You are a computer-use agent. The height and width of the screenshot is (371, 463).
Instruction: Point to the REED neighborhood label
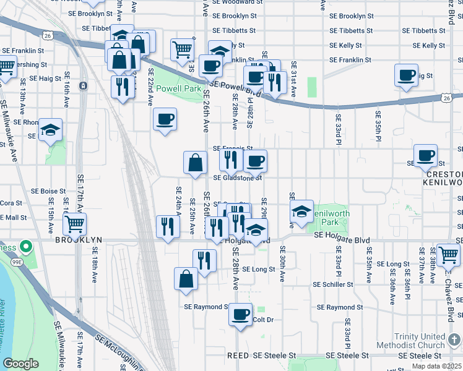(238, 356)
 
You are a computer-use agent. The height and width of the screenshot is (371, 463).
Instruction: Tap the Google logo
(20, 364)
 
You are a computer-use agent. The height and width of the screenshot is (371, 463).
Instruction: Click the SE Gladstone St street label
(238, 177)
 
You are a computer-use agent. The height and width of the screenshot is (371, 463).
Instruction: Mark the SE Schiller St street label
(333, 285)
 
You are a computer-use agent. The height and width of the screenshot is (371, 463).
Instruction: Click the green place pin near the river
(25, 247)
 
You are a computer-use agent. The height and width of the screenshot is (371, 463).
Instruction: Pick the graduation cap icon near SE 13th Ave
(51, 130)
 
